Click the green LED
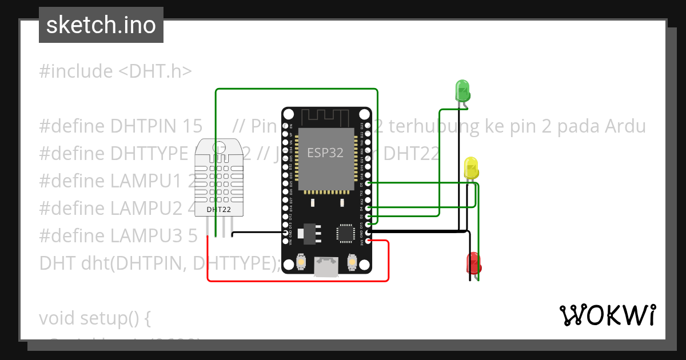[x=462, y=90]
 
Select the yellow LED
[x=471, y=167]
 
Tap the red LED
[x=474, y=262]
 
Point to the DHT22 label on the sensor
[x=218, y=210]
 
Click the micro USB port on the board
[x=326, y=266]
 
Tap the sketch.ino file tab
[x=101, y=25]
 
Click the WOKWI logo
[x=607, y=315]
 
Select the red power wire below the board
[x=297, y=281]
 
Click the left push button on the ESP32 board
[x=301, y=263]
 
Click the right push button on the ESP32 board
[x=352, y=262]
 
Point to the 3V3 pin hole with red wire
[x=369, y=241]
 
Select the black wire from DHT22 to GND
[x=257, y=232]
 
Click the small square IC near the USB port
[x=345, y=233]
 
